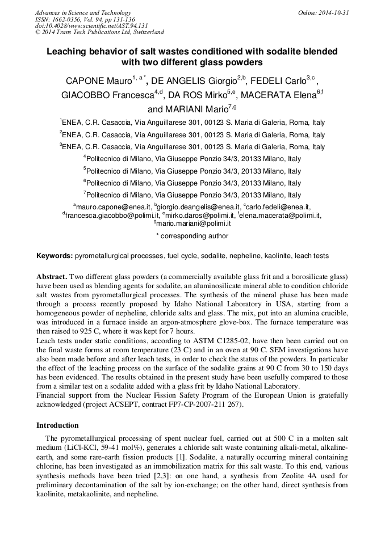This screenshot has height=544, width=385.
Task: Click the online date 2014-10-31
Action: (335, 12)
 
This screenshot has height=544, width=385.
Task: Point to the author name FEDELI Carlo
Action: (281, 81)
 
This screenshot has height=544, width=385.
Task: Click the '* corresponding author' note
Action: (192, 236)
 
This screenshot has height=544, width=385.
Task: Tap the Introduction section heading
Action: (57, 425)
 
